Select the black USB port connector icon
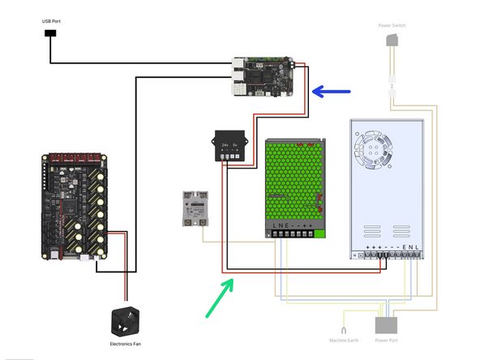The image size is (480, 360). coord(50,34)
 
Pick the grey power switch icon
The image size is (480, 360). coord(394,41)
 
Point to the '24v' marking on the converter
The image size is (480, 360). coord(225,146)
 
